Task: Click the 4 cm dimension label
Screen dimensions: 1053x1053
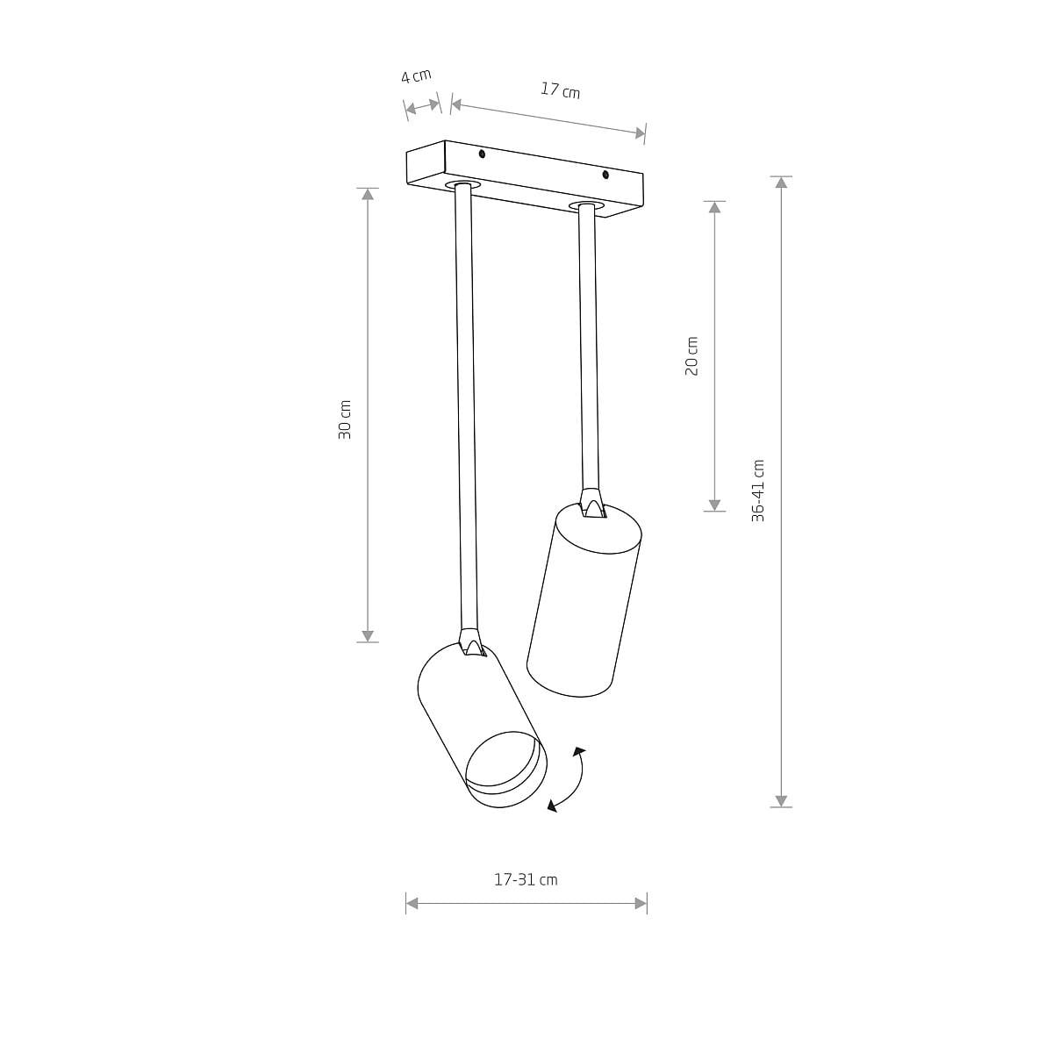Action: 416,75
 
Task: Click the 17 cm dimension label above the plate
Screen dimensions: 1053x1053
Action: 560,90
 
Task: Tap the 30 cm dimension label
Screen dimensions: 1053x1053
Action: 344,419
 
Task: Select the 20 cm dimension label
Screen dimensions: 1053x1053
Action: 691,355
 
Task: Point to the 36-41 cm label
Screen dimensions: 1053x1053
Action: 758,491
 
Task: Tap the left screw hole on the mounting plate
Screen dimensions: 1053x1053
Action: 482,154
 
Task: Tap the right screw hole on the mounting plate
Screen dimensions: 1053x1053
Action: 605,175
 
